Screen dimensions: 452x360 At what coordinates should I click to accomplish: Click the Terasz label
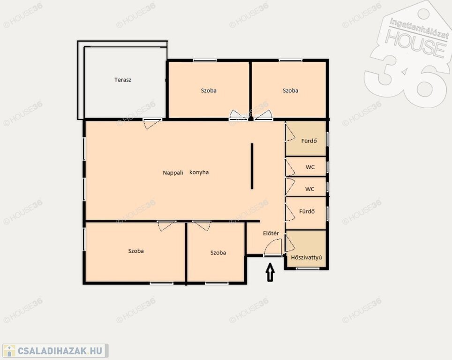123,80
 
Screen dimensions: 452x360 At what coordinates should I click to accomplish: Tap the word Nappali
173,172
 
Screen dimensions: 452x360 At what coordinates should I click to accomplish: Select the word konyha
199,172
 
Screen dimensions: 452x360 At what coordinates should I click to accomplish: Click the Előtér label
271,233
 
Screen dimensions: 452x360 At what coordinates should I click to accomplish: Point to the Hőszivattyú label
307,257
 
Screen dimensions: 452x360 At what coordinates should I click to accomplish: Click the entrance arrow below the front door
270,272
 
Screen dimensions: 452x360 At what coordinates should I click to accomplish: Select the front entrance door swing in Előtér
273,247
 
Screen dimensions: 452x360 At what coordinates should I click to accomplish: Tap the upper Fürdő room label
309,141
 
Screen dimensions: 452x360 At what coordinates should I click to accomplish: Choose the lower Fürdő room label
307,211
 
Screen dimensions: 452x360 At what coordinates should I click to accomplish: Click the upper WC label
310,167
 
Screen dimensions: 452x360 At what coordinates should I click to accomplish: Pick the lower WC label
309,189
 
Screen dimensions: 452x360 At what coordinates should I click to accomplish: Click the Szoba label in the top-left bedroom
209,90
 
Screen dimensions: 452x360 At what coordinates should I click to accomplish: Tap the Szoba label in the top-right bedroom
291,90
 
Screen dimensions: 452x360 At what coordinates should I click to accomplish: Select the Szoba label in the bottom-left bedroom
136,251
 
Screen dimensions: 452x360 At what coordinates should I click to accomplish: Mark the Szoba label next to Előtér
218,253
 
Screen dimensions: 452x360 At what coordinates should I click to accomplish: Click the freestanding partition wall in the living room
252,166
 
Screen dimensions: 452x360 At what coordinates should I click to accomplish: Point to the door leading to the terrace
152,123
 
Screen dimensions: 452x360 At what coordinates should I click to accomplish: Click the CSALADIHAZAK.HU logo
55,351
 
